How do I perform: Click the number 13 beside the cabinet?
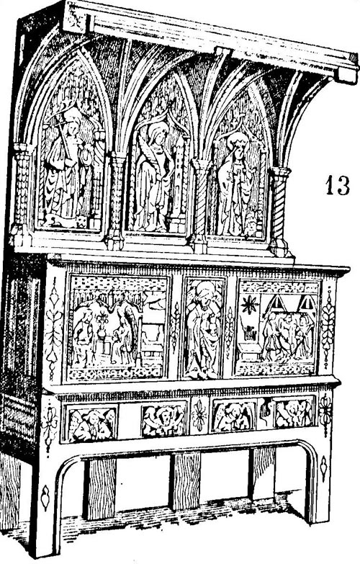click(338, 185)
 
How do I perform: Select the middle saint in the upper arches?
click(153, 176)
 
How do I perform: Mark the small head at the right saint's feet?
click(252, 226)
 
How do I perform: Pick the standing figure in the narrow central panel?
click(203, 329)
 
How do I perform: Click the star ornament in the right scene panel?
click(249, 304)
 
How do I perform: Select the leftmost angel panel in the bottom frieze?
click(91, 424)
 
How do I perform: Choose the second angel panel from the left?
click(164, 419)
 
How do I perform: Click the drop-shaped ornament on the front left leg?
click(45, 498)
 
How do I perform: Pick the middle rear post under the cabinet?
click(185, 480)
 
